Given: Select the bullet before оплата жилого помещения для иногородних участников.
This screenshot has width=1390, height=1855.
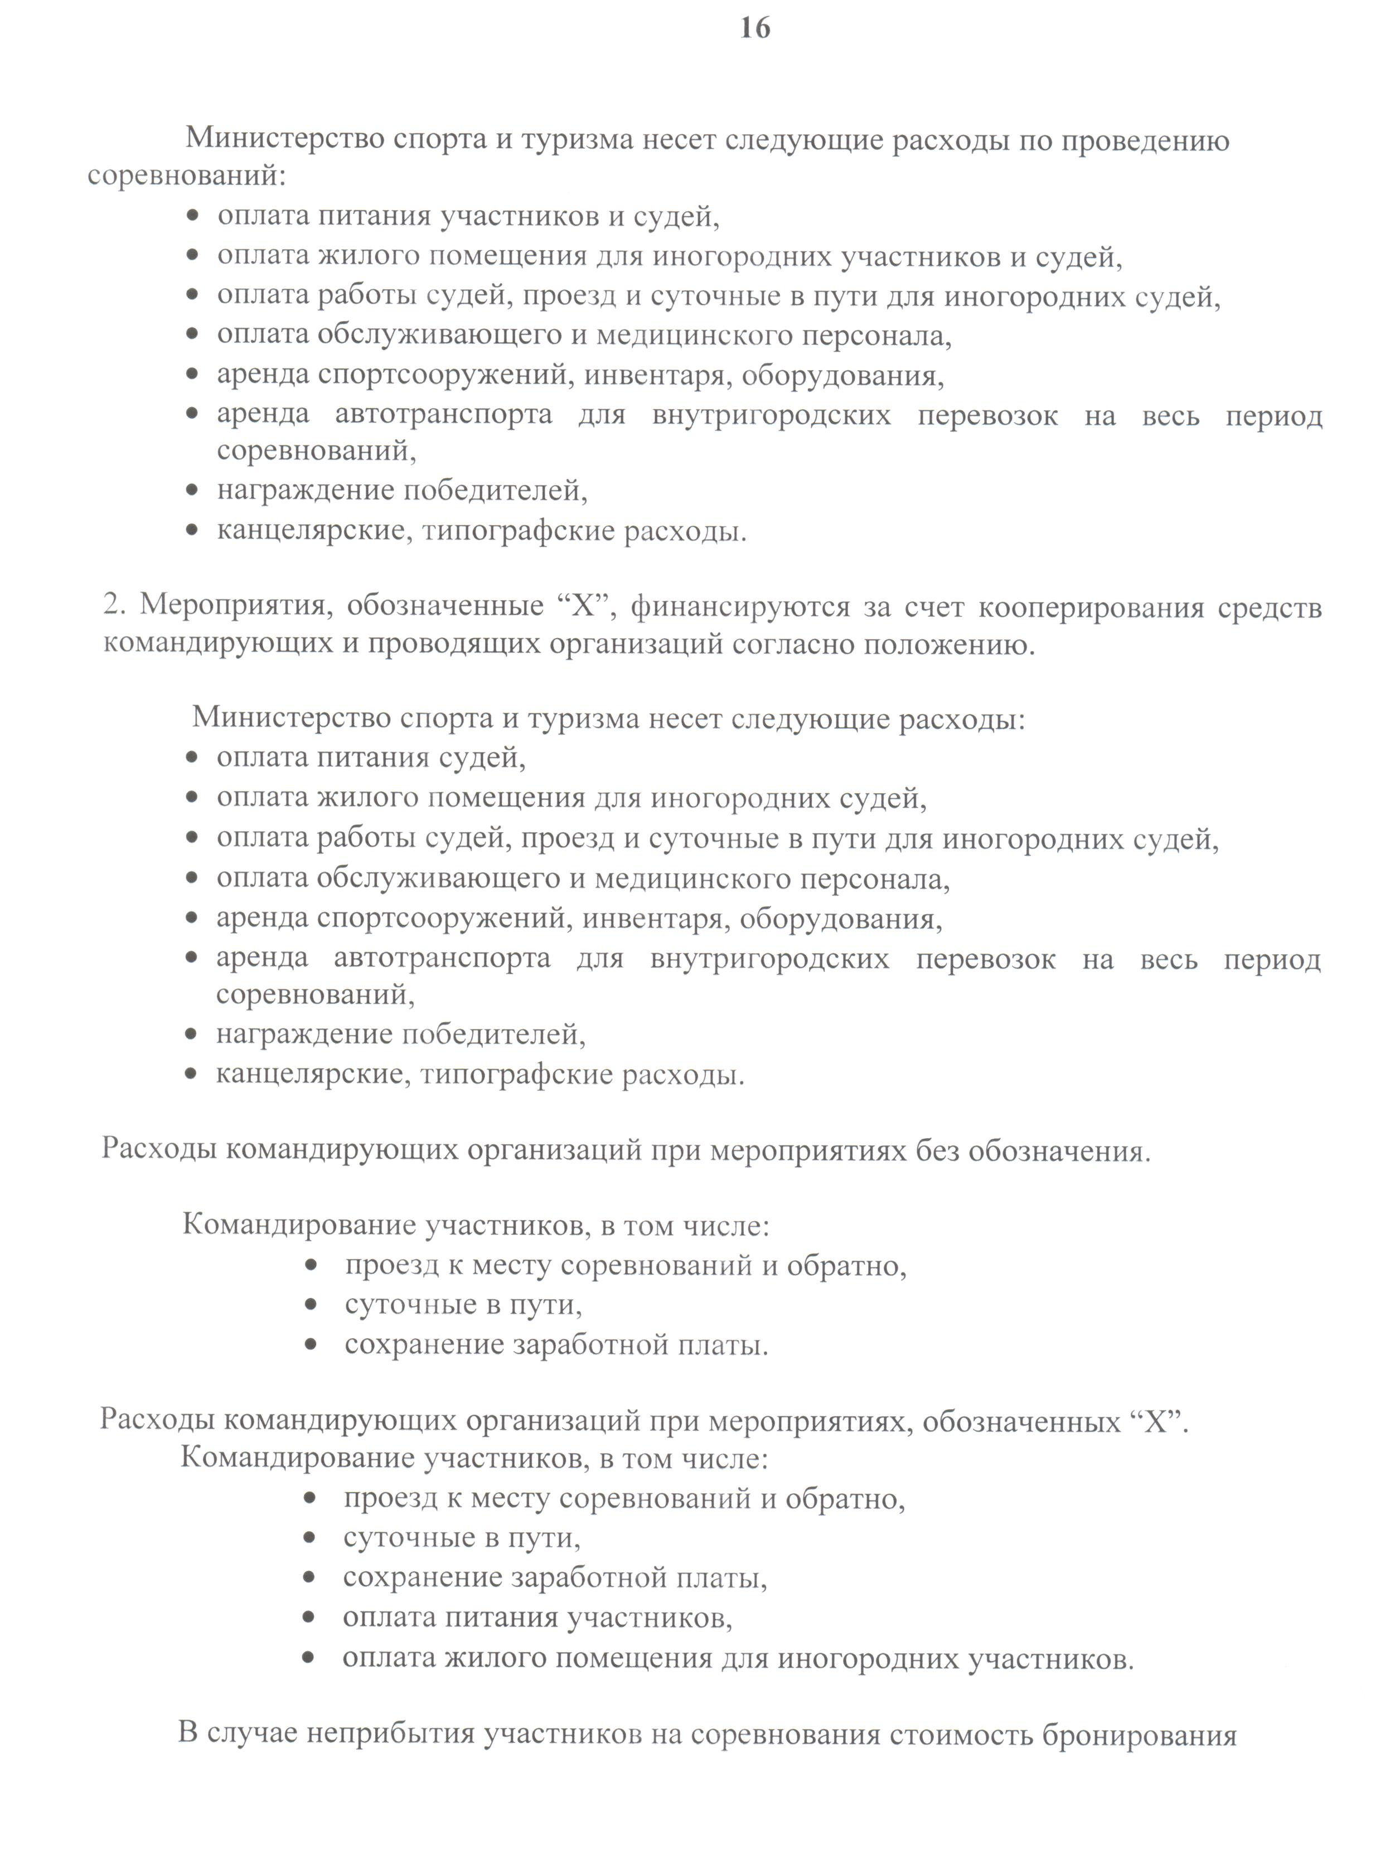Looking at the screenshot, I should pyautogui.click(x=309, y=1657).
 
